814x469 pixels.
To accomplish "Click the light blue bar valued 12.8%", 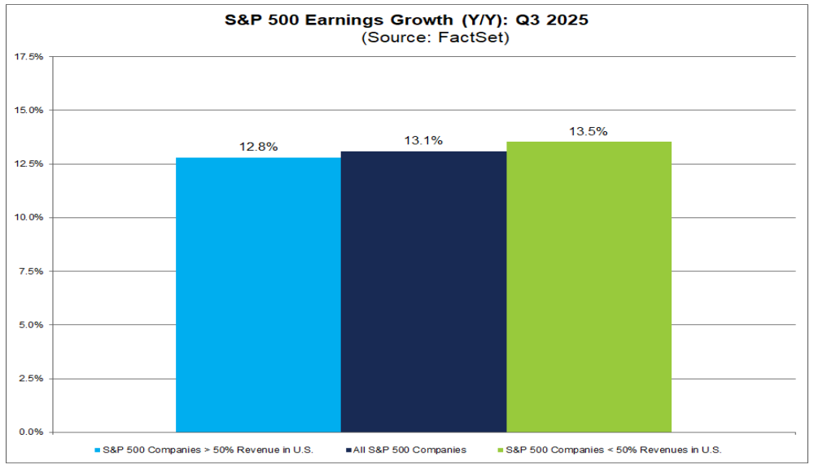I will coord(258,294).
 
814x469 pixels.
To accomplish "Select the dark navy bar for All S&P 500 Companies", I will coord(423,291).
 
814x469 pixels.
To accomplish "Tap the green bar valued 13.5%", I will coord(589,287).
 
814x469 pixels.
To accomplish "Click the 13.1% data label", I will coord(423,141).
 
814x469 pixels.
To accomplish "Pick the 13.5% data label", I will coord(589,131).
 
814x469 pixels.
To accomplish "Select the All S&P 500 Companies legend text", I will coord(409,449).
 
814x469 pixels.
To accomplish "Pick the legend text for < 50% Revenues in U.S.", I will coord(614,449).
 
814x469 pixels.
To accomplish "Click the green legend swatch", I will coord(501,449).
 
